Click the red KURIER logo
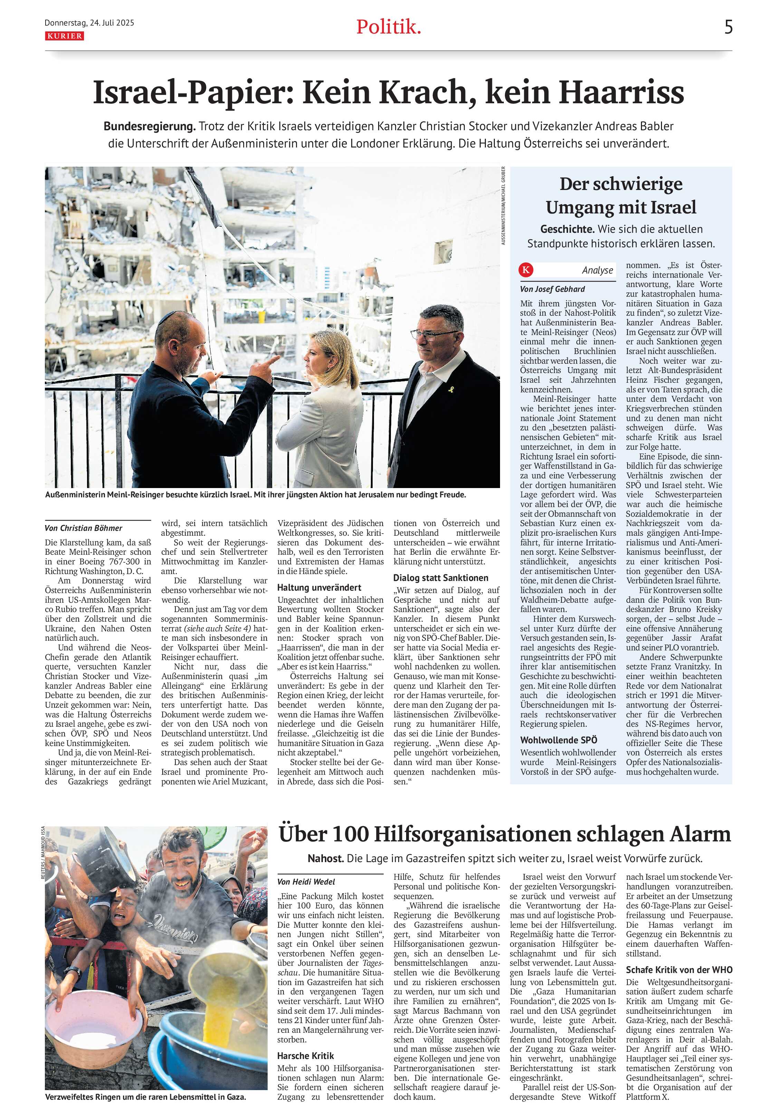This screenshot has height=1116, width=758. click(x=64, y=36)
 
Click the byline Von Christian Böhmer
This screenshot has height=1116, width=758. click(x=84, y=528)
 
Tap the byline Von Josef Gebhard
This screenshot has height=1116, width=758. click(x=552, y=289)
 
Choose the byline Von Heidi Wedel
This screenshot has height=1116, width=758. click(x=306, y=882)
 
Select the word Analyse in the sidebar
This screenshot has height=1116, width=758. click(x=597, y=270)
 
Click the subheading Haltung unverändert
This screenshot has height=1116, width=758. click(x=319, y=587)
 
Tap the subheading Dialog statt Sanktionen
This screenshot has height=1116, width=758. click(x=441, y=578)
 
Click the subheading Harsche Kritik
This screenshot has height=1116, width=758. click(x=305, y=1056)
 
